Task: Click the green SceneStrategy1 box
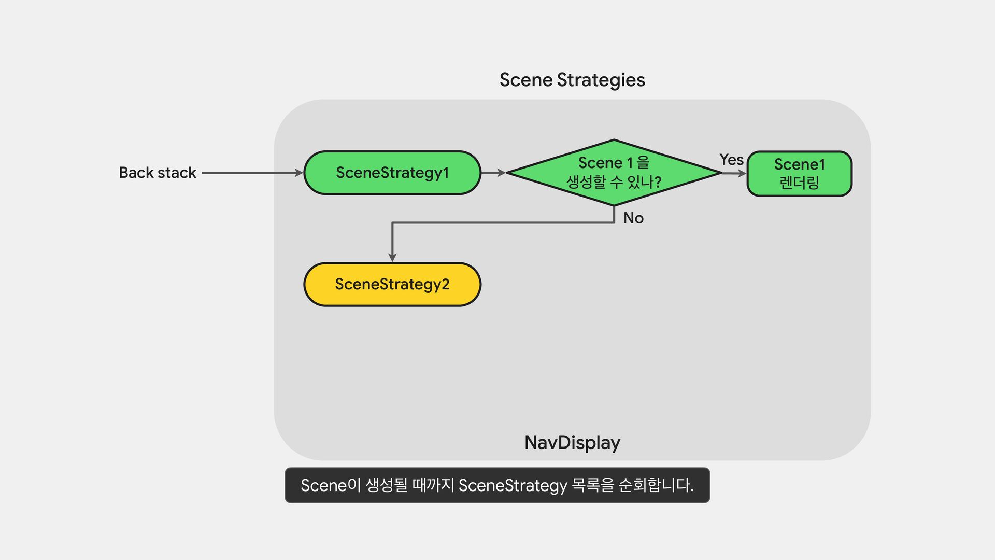pos(392,173)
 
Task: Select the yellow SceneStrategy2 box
pos(392,284)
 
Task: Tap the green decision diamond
pos(614,173)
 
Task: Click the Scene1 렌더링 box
pos(799,174)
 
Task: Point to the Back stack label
pos(158,173)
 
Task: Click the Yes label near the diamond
pos(731,160)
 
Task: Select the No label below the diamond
pos(633,218)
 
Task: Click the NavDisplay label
pos(572,443)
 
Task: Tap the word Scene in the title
pos(526,80)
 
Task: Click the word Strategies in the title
pos(601,80)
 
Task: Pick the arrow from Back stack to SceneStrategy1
pos(251,173)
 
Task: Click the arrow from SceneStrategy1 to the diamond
pos(493,173)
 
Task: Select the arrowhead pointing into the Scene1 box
pos(742,174)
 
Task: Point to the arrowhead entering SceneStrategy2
pos(392,257)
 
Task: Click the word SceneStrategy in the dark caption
pos(513,486)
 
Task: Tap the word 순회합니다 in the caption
pos(656,485)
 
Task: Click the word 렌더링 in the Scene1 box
pos(799,183)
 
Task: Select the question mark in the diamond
pos(658,182)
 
